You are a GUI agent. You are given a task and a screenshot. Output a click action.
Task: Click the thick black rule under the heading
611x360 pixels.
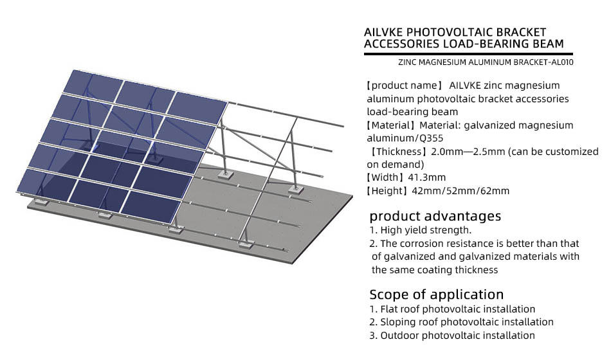pyautogui.click(x=468, y=54)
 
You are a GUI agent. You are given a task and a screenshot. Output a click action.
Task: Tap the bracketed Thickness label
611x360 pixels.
pyautogui.click(x=397, y=151)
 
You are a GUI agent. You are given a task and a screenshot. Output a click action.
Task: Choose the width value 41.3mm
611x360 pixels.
pyautogui.click(x=426, y=177)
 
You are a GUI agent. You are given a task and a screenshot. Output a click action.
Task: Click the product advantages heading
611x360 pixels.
pyautogui.click(x=435, y=216)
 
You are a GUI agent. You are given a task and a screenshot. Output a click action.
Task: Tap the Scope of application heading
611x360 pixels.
pyautogui.click(x=437, y=294)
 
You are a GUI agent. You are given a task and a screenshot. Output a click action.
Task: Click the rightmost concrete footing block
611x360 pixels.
pyautogui.click(x=296, y=190)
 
